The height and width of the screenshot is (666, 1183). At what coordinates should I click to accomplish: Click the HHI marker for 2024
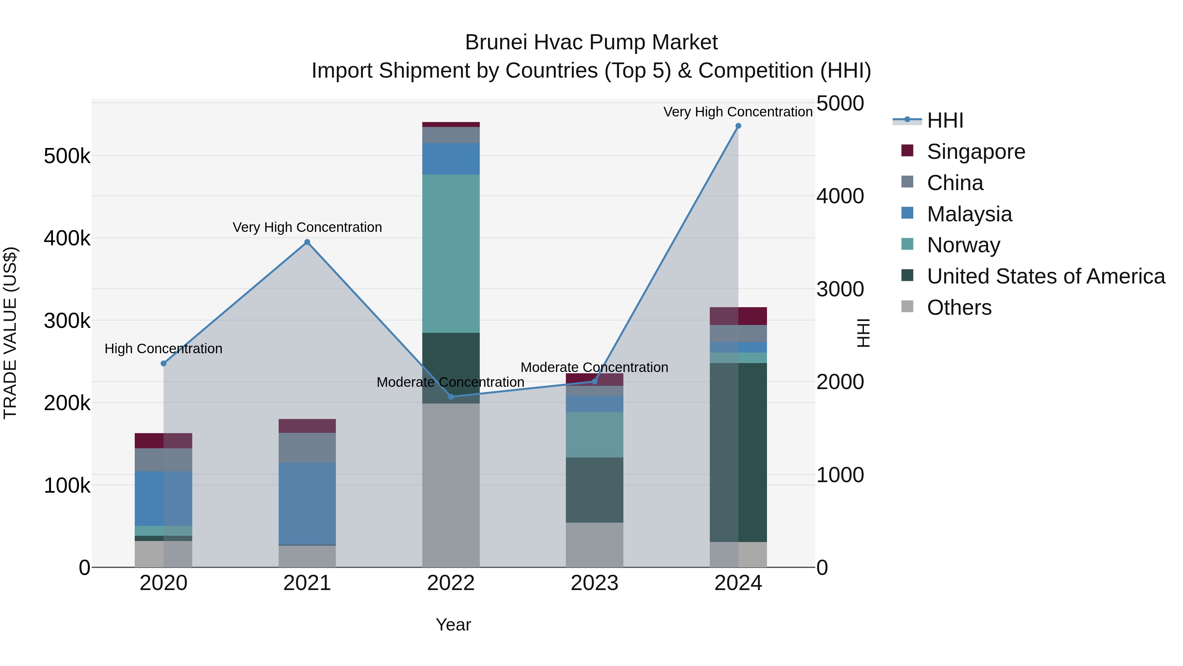738,126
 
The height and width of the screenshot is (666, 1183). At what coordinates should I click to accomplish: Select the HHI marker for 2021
307,242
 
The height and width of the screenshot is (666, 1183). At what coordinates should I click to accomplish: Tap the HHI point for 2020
164,363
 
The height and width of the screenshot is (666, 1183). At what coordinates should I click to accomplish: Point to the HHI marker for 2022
451,397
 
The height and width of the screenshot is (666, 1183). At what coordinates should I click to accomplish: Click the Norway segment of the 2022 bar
451,253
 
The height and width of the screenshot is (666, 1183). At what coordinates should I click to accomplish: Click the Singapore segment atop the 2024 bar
738,316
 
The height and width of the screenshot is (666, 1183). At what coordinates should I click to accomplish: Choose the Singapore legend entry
976,152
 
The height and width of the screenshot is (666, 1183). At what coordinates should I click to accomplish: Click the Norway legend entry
963,245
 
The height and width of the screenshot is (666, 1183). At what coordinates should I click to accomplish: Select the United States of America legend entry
1046,276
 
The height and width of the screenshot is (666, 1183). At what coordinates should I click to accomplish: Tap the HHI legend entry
945,120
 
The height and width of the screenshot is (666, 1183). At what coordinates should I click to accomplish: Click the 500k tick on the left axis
67,156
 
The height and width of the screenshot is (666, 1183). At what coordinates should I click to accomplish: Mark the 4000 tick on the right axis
840,196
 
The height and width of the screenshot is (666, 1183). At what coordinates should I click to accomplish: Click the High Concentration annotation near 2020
164,349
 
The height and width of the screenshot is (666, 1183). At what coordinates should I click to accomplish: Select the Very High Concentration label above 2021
307,228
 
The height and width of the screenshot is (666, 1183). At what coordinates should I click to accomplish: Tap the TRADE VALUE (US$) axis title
10,333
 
